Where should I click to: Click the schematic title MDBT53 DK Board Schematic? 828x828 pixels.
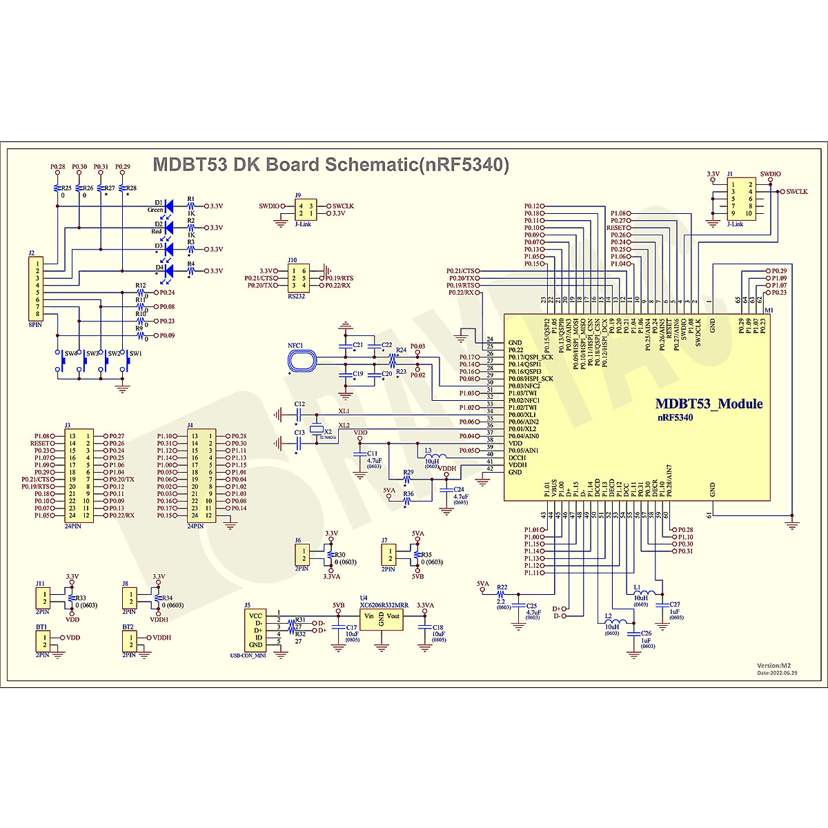[331, 165]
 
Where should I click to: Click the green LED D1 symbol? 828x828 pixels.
[170, 205]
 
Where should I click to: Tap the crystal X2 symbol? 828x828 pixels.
[317, 429]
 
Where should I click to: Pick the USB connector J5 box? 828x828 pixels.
[255, 630]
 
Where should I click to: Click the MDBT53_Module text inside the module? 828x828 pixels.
[709, 404]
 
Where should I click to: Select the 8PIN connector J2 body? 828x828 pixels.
[37, 289]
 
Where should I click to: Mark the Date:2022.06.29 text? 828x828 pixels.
[777, 673]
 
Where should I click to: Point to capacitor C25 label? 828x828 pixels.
[532, 606]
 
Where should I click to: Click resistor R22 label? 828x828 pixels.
[502, 587]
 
